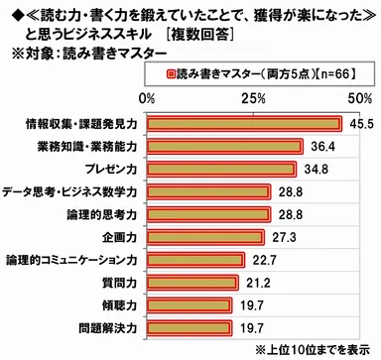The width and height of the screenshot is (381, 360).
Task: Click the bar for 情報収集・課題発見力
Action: coord(244,124)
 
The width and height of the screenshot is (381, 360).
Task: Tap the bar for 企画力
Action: coord(205,237)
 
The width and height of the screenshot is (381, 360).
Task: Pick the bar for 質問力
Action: coord(192,283)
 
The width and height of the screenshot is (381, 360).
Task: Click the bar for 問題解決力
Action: coord(189,327)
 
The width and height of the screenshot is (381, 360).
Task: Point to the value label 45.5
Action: coord(359,124)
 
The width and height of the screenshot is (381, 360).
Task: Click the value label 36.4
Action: coord(320,147)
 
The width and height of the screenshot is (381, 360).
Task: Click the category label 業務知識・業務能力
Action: coord(90,147)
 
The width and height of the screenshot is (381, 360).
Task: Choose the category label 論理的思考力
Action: coord(106,214)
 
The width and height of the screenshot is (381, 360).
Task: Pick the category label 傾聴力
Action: coord(119,304)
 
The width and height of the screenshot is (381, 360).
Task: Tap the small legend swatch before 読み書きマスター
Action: coord(171,73)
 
